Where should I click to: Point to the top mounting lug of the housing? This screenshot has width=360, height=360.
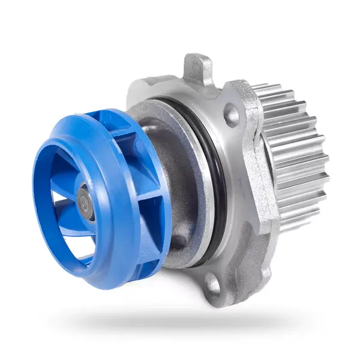[x=197, y=67]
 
